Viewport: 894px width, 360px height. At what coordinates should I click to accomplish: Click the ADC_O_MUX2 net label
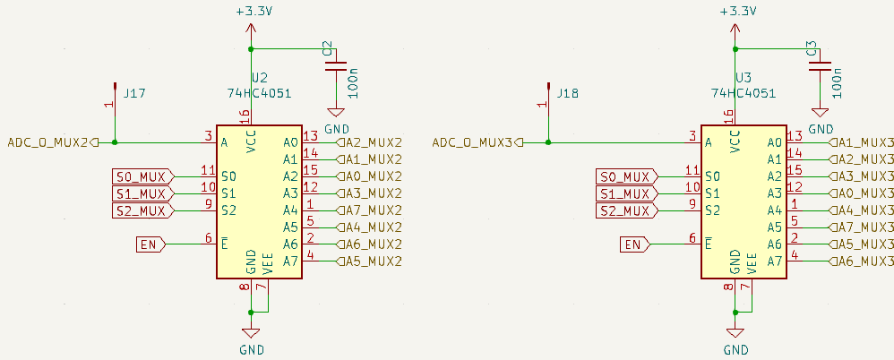48,141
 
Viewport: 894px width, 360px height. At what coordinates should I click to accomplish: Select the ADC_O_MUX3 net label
472,141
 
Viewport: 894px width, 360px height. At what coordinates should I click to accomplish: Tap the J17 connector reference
135,92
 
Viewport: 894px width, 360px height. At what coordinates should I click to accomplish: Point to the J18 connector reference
568,92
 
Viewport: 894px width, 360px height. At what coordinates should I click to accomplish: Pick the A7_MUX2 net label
373,210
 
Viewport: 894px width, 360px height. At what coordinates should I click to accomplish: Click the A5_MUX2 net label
373,261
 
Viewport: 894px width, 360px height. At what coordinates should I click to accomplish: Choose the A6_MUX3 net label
861,261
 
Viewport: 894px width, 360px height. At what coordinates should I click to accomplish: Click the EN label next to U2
150,244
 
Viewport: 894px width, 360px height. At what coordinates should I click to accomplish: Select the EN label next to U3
633,244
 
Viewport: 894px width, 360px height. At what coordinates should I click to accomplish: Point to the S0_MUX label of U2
142,176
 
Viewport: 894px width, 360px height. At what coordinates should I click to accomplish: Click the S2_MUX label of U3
624,210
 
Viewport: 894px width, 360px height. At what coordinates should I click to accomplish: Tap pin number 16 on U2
244,116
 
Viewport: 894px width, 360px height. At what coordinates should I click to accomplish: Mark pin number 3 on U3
692,136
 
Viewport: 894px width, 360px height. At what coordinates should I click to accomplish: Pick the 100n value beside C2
354,81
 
